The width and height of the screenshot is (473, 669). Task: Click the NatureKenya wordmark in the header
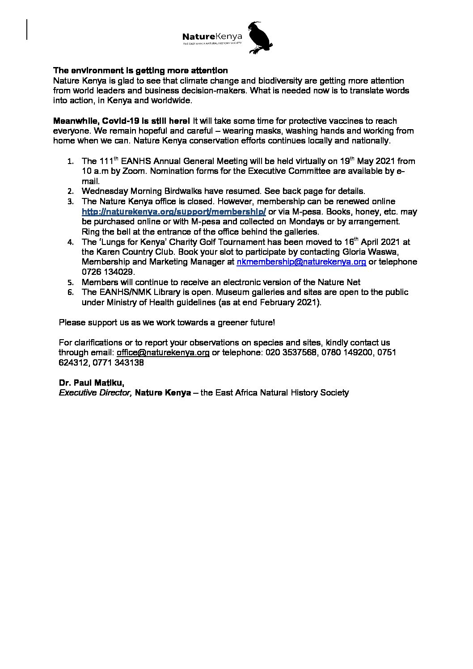[212, 36]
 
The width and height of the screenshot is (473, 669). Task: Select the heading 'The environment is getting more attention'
[140, 71]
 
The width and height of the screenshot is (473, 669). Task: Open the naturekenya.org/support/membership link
[174, 212]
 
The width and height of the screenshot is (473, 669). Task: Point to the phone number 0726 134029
[108, 272]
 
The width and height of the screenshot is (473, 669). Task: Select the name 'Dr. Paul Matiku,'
[92, 383]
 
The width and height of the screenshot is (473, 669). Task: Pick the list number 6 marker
[70, 293]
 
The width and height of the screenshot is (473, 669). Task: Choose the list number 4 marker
[70, 243]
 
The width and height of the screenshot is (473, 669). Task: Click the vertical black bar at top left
[27, 29]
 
